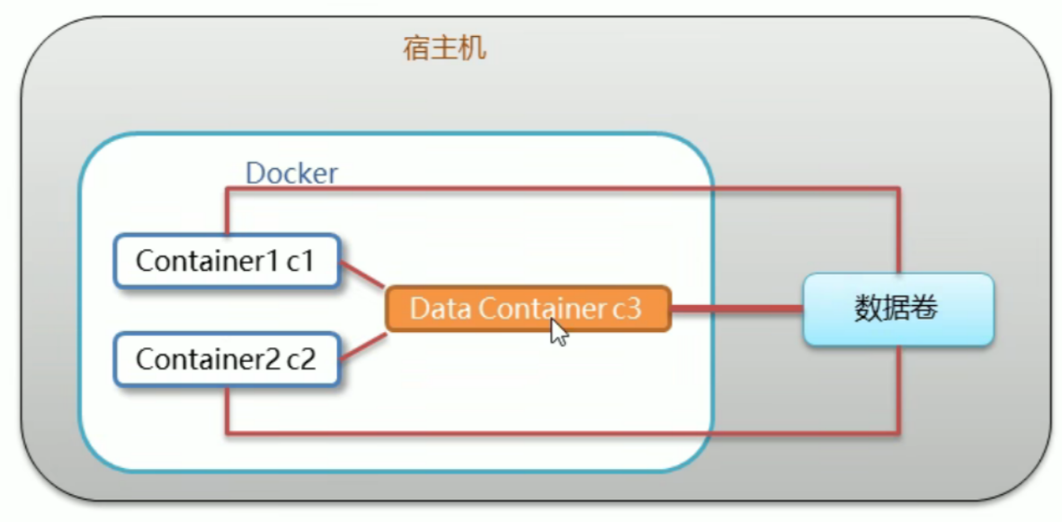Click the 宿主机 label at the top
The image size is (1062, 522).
444,49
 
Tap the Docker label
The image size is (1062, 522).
291,174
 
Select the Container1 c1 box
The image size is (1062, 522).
227,262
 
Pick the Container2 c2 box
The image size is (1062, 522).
227,359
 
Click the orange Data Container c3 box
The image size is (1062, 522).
528,309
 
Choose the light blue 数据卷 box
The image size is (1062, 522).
898,309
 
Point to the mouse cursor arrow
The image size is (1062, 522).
558,332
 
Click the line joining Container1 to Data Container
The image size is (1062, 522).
362,274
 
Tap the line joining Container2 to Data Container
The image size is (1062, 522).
362,346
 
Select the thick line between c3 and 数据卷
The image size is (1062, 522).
736,309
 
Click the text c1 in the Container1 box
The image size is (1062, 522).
300,262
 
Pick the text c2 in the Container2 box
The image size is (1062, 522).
301,359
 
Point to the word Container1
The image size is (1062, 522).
208,262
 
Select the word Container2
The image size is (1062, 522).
208,359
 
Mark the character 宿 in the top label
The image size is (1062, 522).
415,49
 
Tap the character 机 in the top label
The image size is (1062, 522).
473,49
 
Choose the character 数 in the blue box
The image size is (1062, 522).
869,309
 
